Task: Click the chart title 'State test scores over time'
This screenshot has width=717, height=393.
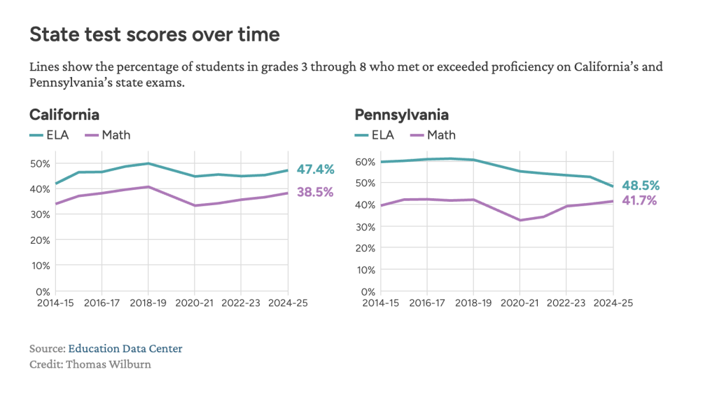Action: (x=154, y=34)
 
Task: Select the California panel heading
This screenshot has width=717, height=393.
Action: (x=64, y=115)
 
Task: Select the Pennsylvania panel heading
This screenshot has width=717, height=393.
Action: (x=401, y=115)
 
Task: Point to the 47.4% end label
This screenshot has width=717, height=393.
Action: (x=315, y=170)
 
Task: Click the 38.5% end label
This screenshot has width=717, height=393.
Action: (x=315, y=192)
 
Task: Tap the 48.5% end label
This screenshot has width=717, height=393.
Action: (x=641, y=186)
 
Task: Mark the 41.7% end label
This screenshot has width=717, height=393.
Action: (x=641, y=201)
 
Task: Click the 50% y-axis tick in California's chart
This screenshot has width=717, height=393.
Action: (x=41, y=163)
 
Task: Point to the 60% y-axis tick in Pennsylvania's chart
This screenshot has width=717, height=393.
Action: (x=367, y=161)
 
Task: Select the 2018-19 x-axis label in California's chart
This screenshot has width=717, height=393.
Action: (x=148, y=303)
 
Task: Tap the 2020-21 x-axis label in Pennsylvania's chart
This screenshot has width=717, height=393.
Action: (x=520, y=303)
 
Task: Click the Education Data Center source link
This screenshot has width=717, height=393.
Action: (x=125, y=348)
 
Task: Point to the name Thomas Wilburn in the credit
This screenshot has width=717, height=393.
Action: (x=108, y=364)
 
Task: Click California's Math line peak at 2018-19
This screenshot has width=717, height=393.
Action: (x=148, y=187)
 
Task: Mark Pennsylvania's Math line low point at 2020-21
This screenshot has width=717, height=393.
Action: (x=520, y=220)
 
